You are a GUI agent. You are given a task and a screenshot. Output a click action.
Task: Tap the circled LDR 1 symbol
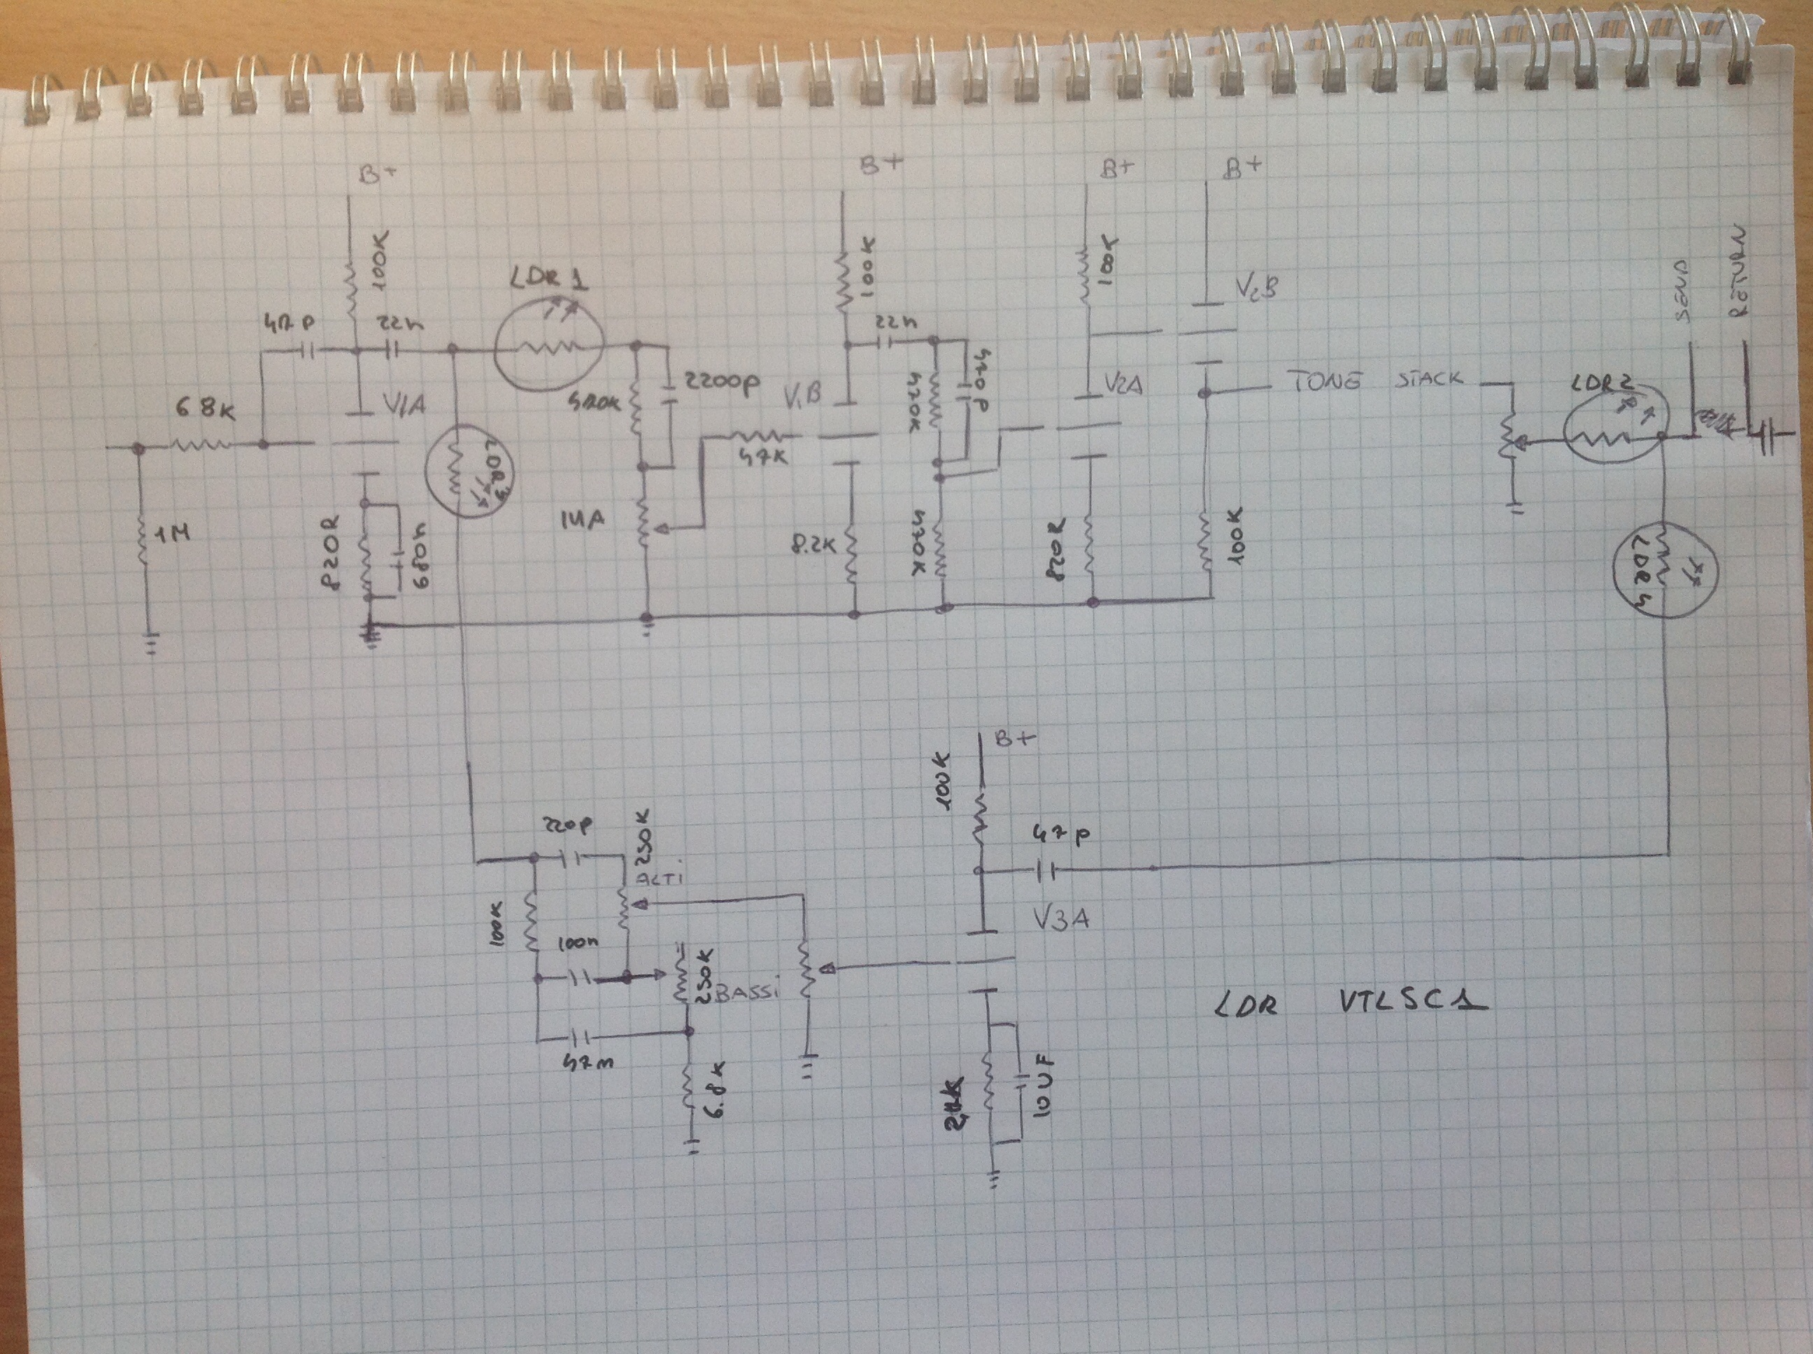548,346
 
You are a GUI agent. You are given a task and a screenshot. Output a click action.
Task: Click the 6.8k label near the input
205,407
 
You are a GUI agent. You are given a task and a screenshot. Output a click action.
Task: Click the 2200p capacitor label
720,382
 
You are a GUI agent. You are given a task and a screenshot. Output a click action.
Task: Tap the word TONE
1323,380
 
